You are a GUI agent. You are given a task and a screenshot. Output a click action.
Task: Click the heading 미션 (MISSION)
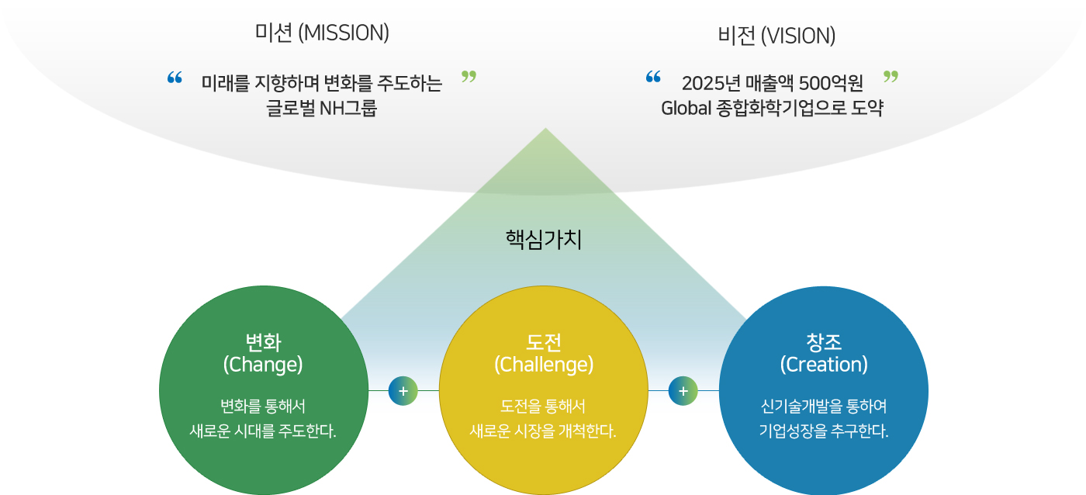(322, 33)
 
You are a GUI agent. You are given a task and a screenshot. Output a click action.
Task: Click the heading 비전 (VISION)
(776, 36)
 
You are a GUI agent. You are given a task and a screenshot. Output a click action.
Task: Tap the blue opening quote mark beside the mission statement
(175, 78)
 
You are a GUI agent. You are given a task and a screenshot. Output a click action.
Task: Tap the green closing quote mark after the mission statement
(469, 77)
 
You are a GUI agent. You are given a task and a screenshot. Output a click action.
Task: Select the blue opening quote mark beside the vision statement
(653, 77)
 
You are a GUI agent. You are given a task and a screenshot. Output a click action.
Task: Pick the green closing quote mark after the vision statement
(891, 77)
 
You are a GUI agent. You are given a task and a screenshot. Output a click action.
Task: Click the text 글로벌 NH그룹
(321, 108)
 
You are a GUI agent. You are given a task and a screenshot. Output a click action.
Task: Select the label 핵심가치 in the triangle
(544, 240)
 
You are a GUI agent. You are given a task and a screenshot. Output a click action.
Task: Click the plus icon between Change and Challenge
(403, 391)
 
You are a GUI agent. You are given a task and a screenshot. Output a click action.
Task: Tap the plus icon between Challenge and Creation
(683, 391)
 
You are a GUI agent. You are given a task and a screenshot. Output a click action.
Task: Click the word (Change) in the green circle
(263, 365)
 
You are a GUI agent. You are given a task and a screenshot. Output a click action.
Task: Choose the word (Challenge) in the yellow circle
(544, 365)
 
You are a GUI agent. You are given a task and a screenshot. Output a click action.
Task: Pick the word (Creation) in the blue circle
(824, 365)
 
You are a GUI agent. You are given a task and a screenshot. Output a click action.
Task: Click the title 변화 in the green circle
(263, 342)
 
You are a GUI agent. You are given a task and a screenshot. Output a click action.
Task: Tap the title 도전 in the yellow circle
(544, 342)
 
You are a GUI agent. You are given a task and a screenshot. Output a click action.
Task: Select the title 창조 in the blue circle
(824, 342)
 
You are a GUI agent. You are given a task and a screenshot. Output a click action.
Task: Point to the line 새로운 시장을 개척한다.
(542, 431)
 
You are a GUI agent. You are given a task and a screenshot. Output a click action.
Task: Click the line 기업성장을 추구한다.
(824, 431)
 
